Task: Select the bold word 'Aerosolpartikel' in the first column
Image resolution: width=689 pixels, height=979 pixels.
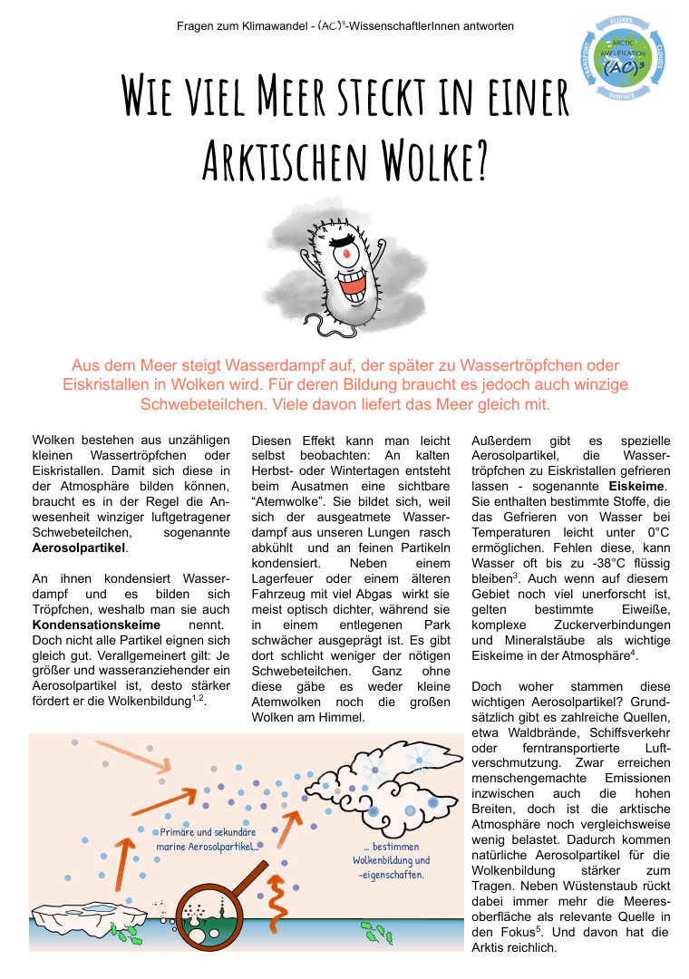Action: [79, 548]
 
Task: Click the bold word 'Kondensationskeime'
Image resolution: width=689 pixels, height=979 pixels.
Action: [96, 625]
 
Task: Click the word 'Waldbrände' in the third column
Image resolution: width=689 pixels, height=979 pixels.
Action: [548, 732]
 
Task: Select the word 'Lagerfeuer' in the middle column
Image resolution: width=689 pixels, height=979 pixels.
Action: [286, 579]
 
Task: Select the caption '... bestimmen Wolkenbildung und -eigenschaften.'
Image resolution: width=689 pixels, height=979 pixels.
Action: [392, 860]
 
